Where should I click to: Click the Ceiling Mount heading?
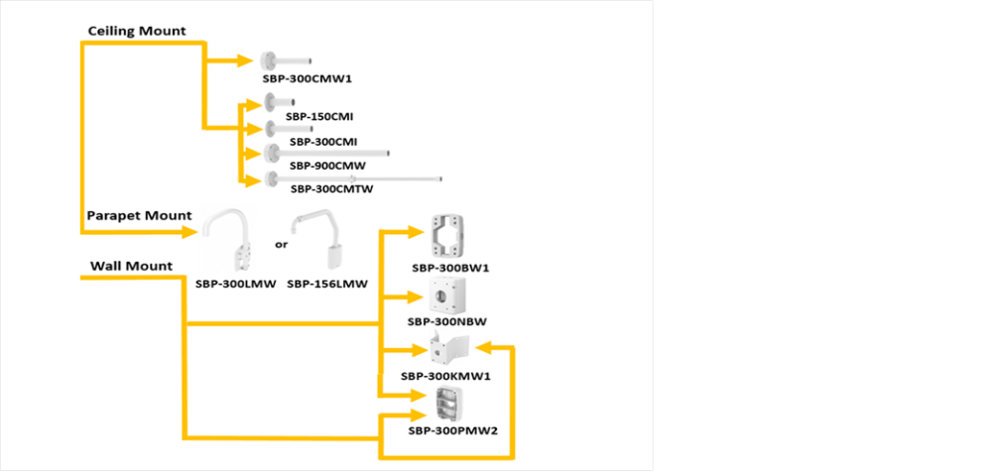137,31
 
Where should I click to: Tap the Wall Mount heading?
131,266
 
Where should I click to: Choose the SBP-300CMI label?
322,141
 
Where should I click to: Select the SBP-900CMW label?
324,164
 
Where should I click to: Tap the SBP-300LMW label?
234,284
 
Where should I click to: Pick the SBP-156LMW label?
327,284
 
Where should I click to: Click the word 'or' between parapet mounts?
280,243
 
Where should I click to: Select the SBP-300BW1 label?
451,268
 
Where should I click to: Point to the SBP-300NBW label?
446,321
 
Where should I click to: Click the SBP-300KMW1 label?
446,376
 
